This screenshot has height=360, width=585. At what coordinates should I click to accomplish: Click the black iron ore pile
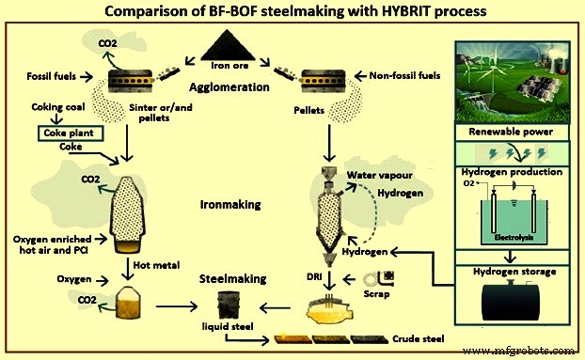coord(233,44)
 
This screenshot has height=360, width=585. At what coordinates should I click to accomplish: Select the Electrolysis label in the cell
coord(513,238)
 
